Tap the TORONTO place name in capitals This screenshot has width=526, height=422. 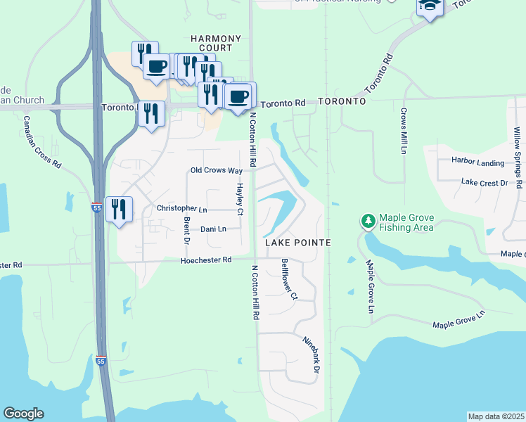click(342, 101)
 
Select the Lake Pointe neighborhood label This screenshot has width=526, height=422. click(297, 242)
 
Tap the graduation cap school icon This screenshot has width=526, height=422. click(429, 7)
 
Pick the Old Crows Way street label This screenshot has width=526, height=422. click(217, 171)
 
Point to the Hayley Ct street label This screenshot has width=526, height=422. click(240, 200)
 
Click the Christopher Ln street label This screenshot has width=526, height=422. click(182, 209)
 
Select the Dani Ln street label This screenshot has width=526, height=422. click(213, 229)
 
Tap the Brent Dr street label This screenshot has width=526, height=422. click(187, 231)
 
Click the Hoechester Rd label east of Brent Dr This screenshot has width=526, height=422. click(206, 260)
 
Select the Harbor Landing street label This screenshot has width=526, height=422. click(477, 162)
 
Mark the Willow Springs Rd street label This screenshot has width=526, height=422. click(517, 158)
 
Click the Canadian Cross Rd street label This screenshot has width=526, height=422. click(42, 141)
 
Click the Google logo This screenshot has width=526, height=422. click(23, 414)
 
